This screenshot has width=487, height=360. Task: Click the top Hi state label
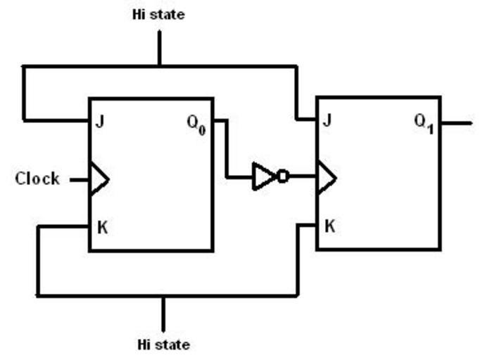click(x=158, y=14)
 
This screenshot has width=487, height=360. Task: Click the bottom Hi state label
click(x=163, y=345)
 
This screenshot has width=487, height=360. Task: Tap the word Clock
click(x=37, y=179)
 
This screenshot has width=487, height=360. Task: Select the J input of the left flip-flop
click(x=100, y=121)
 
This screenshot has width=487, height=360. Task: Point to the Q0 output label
click(x=196, y=122)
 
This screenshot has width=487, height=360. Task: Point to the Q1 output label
click(x=424, y=122)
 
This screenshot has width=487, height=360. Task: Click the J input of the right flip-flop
click(x=327, y=120)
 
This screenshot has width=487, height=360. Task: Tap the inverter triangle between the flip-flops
click(x=263, y=176)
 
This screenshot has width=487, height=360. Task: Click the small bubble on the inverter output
click(x=282, y=176)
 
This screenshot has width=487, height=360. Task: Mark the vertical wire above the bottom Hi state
click(x=163, y=313)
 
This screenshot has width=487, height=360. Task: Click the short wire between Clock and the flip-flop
click(x=80, y=179)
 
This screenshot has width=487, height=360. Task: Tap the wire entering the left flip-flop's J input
click(x=56, y=120)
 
